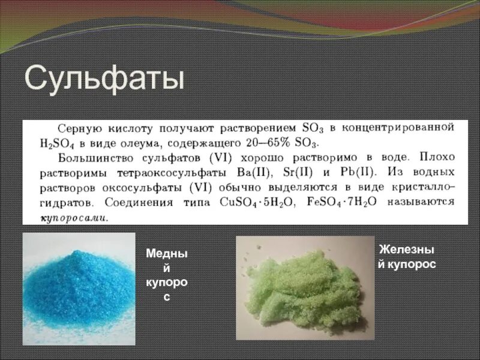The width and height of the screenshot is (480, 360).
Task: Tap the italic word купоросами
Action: [73, 218]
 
